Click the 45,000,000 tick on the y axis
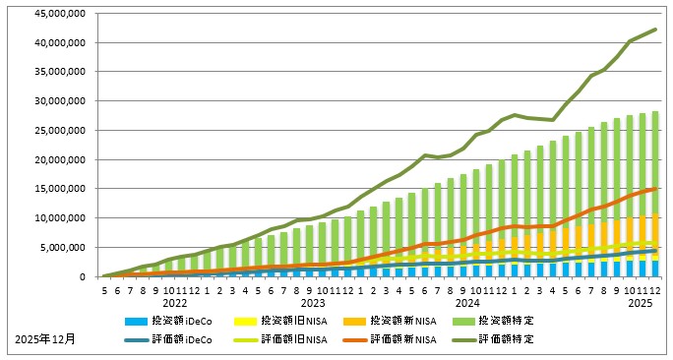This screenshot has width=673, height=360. [59, 14]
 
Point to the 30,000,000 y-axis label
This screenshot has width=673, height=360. [59, 101]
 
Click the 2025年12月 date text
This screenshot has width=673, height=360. [44, 339]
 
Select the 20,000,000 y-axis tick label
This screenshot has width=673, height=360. [59, 160]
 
